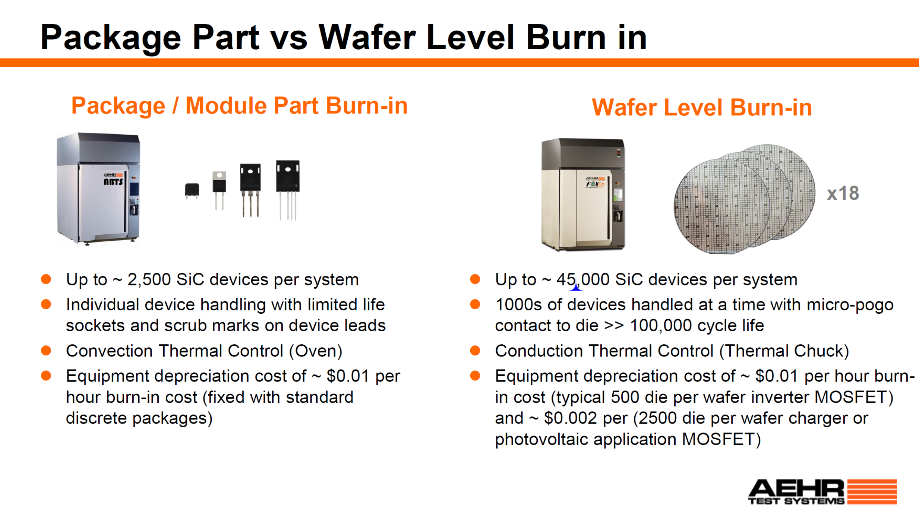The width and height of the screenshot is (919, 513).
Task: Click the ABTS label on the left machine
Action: click(113, 182)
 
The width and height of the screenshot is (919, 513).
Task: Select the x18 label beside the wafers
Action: click(843, 193)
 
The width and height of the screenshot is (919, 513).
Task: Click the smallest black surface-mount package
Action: click(192, 191)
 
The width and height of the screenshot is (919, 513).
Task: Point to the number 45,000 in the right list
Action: click(583, 280)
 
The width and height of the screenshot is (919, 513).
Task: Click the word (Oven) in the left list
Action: click(316, 351)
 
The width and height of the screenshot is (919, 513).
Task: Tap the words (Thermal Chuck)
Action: click(784, 351)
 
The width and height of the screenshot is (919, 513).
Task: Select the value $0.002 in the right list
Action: click(571, 418)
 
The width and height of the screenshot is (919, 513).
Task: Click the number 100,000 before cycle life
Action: click(661, 326)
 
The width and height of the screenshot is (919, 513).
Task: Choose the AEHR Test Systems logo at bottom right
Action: click(822, 492)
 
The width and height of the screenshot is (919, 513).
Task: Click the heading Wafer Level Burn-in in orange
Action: click(702, 108)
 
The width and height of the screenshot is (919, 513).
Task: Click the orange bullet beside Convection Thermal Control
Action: click(46, 351)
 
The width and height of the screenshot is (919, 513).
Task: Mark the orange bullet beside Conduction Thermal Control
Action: click(475, 351)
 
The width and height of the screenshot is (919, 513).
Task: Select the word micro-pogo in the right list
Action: click(850, 305)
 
